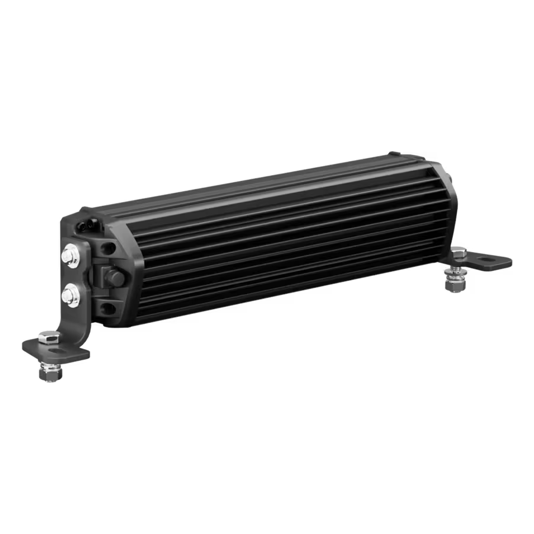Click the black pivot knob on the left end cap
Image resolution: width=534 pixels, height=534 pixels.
tap(112, 275)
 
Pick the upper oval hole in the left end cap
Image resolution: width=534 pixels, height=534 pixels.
tap(109, 245)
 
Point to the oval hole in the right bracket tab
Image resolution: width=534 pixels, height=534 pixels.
tap(488, 259)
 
